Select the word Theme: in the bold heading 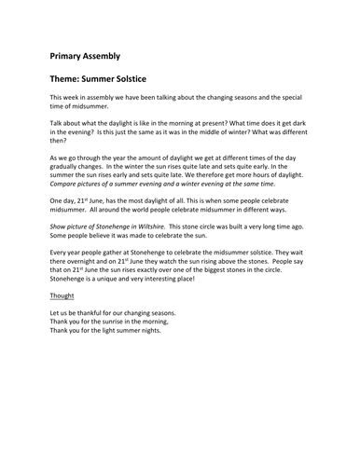[73, 81]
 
